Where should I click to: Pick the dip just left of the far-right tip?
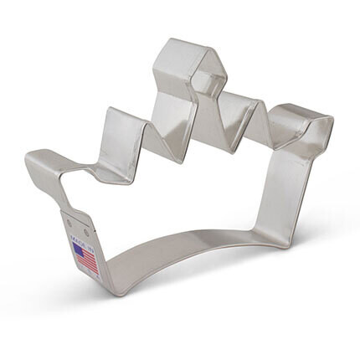(x=276, y=142)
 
